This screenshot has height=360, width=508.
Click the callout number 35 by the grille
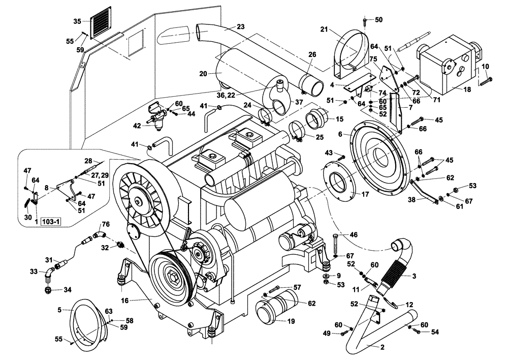pos(77,21)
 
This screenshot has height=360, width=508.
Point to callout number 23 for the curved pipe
pos(240,27)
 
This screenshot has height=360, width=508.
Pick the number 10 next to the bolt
pos(485,67)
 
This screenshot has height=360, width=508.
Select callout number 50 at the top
pos(378,20)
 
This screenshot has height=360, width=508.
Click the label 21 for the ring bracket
pos(324,30)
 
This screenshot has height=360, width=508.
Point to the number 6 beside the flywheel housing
pos(347,134)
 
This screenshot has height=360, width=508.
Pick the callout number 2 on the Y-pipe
pos(382,348)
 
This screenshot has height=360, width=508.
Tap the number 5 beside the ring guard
pos(59,309)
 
